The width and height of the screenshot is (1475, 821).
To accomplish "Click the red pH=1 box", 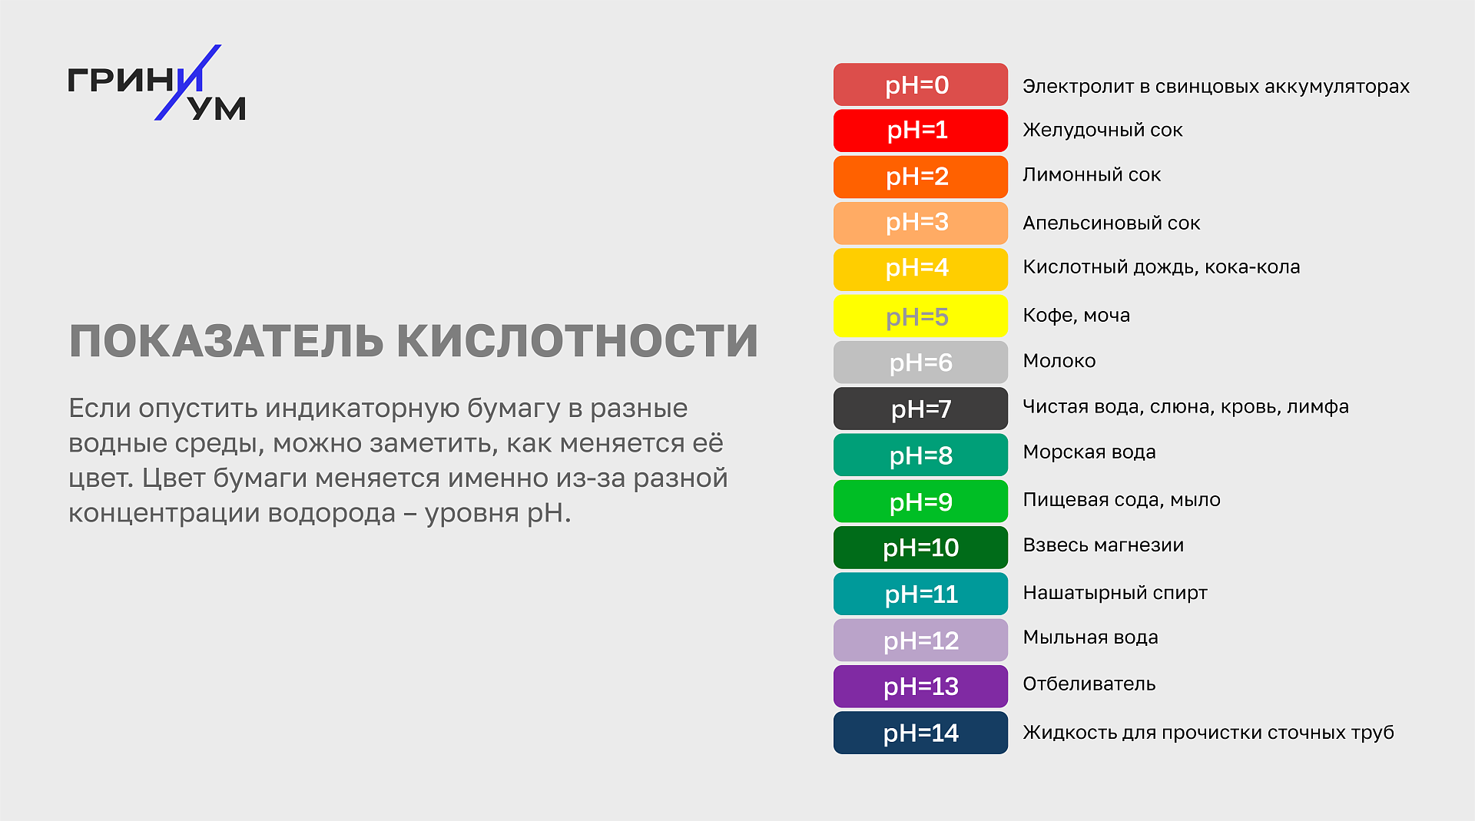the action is pos(920,131).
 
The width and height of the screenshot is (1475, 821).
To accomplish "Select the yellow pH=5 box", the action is pos(920,316).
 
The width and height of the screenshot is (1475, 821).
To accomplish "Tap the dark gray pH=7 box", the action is pos(920,409).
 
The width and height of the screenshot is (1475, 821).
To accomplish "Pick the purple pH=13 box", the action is pos(920,687).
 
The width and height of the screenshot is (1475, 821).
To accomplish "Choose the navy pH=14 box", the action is pos(920,733).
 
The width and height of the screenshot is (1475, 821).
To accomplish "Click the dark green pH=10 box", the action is pos(920,548).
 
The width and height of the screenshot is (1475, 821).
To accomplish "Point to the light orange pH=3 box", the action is pos(920,223).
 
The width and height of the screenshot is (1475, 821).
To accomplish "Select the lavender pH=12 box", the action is pos(920,641).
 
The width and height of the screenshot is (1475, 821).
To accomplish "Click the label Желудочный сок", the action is pos(1102,131).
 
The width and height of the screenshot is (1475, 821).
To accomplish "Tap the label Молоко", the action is pos(1059,361).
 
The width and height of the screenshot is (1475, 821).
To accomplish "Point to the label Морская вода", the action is pos(1089,452).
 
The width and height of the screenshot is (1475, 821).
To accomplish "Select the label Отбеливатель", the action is pos(1089,684).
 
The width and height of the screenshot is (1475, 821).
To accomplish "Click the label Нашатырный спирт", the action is pos(1115,593).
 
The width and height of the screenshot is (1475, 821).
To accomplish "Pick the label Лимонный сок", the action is pos(1092,175).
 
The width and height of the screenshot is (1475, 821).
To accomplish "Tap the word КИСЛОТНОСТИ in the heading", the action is pos(578,341).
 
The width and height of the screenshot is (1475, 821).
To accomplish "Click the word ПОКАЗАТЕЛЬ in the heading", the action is pos(227,341).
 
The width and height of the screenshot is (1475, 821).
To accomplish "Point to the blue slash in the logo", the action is pos(187,82).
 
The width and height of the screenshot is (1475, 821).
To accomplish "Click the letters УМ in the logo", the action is pos(217,109).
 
